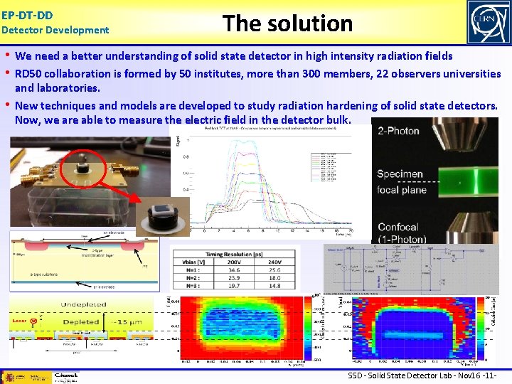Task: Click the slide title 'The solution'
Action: [287, 23]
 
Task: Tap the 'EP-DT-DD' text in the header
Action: [27, 14]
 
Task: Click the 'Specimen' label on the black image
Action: [400, 174]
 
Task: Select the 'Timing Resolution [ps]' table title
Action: [235, 252]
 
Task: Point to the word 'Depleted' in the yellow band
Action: [80, 321]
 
